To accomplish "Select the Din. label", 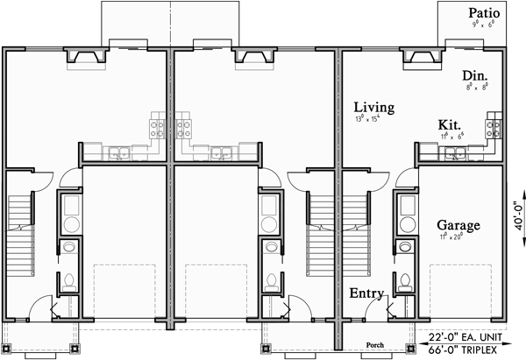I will (477, 76).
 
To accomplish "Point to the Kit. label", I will (450, 125).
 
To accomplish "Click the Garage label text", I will (458, 225).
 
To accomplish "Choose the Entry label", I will (366, 293).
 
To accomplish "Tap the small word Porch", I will (376, 344).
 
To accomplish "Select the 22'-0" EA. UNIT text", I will (474, 336).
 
